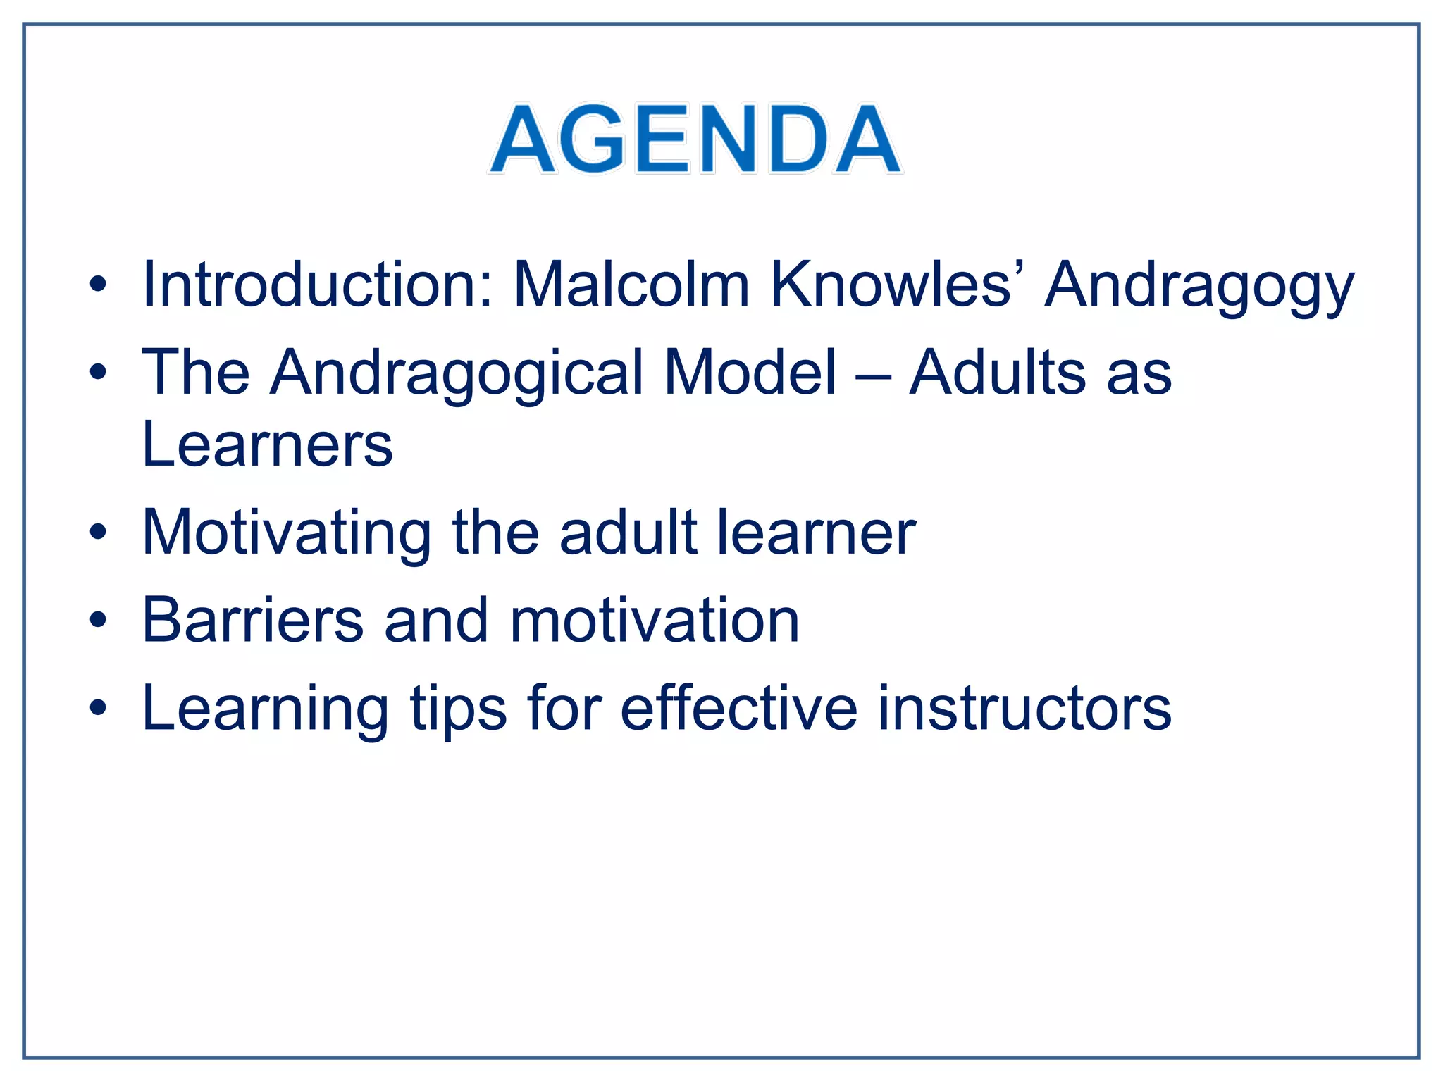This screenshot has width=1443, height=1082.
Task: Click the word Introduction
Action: coord(317,285)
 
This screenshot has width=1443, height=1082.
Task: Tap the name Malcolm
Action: coord(631,285)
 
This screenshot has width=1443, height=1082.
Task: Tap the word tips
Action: coord(458,710)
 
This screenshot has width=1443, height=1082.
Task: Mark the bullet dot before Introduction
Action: coord(98,285)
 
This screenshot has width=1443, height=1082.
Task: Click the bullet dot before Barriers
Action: coord(98,621)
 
